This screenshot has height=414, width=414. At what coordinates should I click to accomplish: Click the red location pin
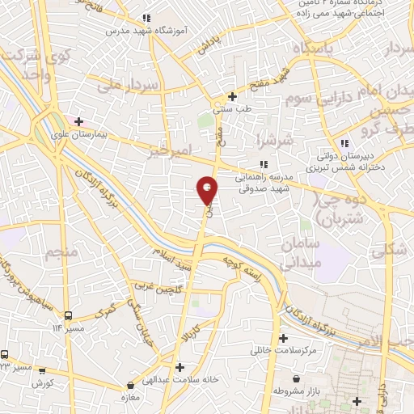point(208,190)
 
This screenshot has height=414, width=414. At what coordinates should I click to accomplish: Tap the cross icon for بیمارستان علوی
point(78,122)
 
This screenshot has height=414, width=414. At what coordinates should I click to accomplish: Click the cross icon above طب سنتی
point(232,96)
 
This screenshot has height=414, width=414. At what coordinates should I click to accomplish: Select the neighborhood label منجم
point(61,254)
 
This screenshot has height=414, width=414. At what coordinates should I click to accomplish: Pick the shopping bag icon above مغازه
point(132,386)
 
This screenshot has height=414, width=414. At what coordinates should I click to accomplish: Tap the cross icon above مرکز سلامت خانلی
point(282,339)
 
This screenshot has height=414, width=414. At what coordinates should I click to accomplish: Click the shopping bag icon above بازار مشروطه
point(297,378)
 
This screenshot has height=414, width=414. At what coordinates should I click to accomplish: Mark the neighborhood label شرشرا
point(270,141)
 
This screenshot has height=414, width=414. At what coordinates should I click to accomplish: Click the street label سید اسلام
point(175,264)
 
